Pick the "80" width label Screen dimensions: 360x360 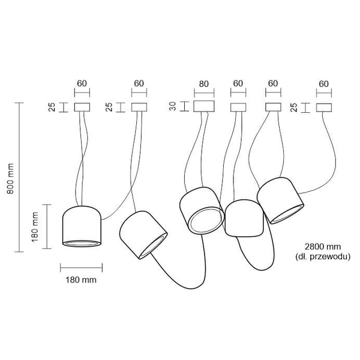pos(204,83)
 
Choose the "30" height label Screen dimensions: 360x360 pos(173,107)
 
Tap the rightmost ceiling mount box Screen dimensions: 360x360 pos(324,107)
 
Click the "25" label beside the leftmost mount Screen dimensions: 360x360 pos(52,107)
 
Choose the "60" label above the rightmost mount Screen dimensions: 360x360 pos(324,83)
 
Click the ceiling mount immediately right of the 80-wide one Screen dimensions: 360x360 pos(238,107)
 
